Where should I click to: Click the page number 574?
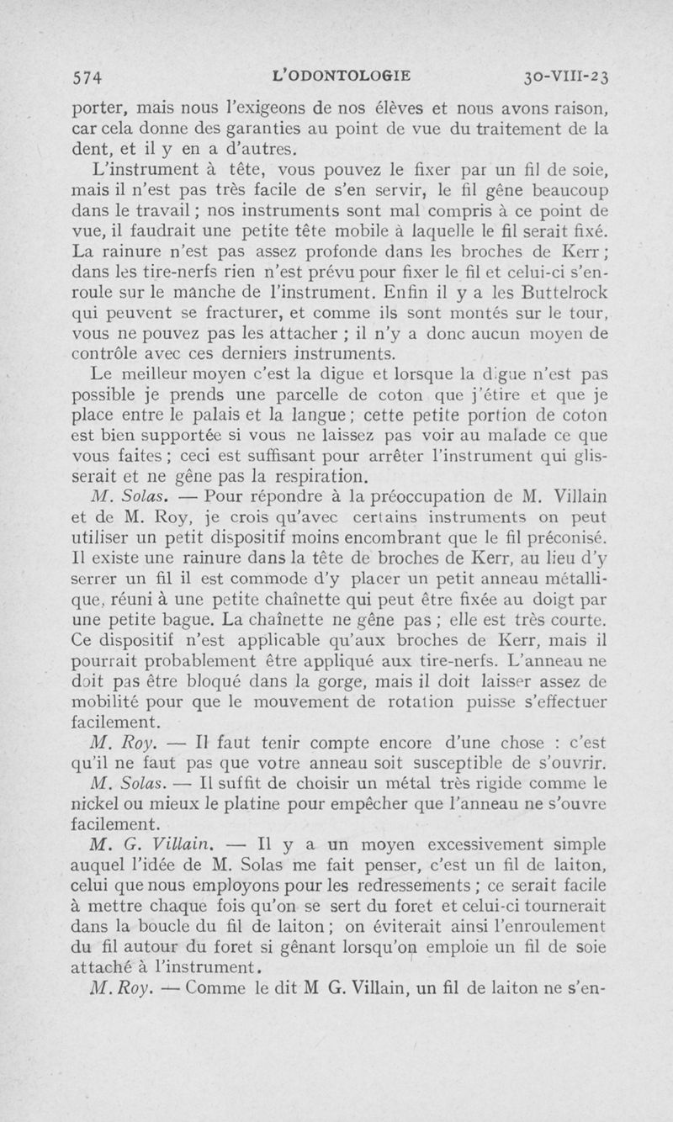tap(87, 77)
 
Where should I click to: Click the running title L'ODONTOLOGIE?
tap(342, 76)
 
